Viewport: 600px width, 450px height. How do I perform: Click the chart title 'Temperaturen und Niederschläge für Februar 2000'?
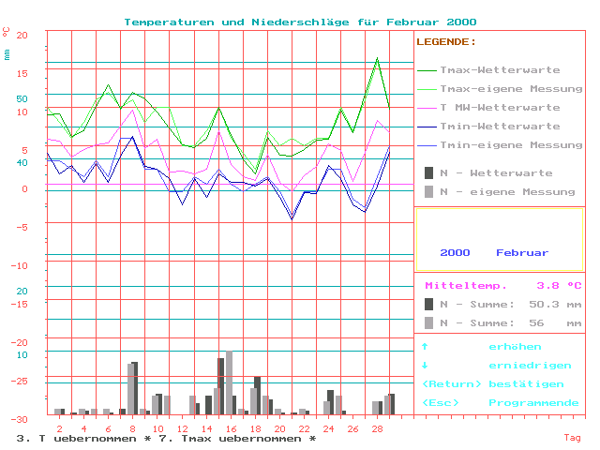click(300, 22)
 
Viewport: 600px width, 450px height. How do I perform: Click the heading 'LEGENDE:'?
click(446, 42)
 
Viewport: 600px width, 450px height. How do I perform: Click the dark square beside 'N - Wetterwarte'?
click(428, 172)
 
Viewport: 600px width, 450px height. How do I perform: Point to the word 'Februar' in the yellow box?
click(522, 253)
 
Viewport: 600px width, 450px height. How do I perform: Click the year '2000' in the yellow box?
click(455, 253)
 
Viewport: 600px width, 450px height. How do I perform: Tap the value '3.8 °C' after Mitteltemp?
click(559, 286)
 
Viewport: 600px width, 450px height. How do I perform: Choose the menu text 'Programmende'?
click(533, 403)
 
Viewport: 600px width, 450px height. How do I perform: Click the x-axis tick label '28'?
click(377, 428)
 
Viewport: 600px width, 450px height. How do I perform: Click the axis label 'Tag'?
click(572, 438)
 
